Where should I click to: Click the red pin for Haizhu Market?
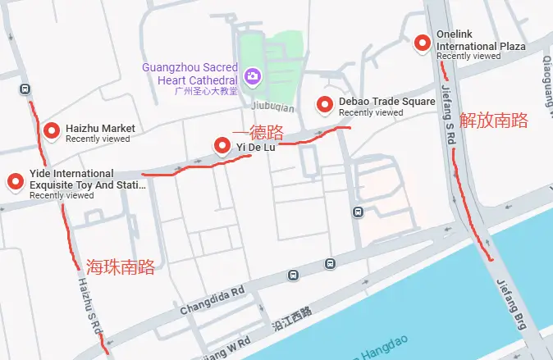53,130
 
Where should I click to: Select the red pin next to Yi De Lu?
222,146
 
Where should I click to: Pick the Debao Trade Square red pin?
326,104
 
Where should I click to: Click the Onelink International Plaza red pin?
423,43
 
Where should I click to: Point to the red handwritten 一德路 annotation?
258,132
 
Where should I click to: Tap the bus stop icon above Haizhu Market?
25,89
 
